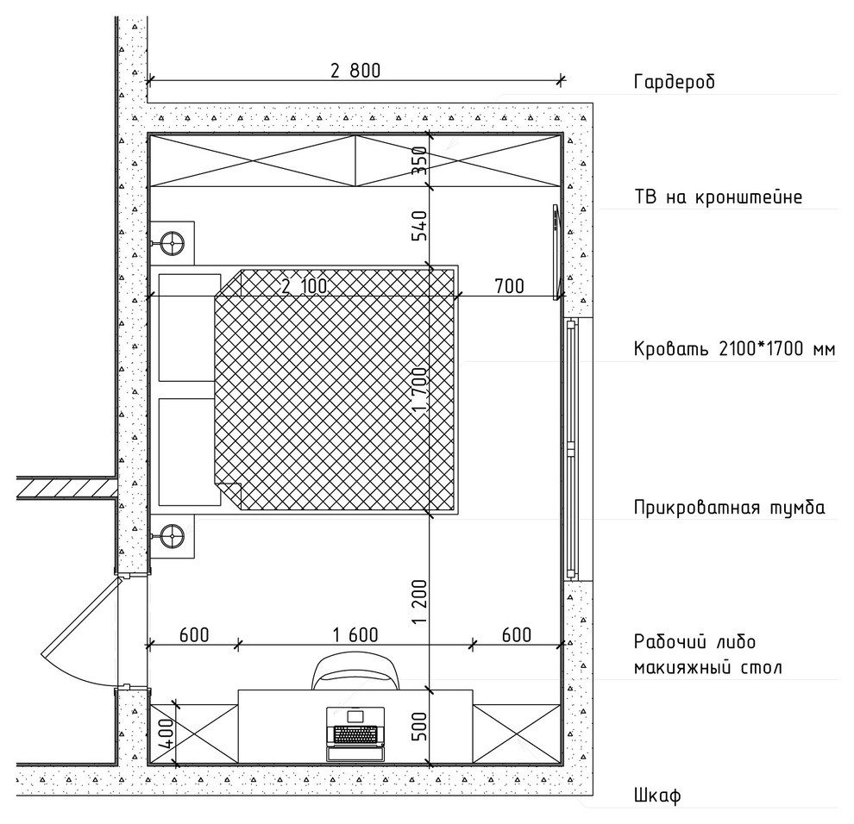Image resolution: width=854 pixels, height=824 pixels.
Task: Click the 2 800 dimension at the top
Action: pos(355,71)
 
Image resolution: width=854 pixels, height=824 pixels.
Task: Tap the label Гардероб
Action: pos(675,82)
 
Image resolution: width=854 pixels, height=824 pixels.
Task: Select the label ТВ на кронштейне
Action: pos(718,197)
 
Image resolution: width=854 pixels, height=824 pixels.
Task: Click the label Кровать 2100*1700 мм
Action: pos(734,348)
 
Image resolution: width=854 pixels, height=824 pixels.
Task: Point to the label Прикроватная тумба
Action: pos(729,508)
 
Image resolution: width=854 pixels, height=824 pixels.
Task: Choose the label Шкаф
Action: pos(657,796)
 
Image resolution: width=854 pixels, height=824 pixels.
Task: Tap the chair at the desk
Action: pos(355,671)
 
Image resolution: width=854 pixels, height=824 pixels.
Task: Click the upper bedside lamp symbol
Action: pos(173,243)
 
